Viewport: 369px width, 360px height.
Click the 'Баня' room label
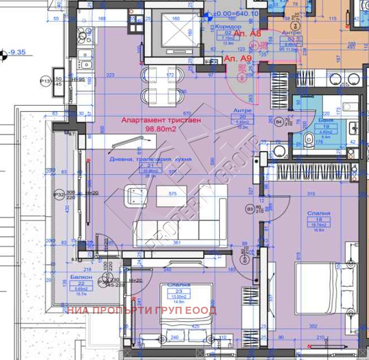[326, 120]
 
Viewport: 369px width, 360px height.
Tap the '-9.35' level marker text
[16, 52]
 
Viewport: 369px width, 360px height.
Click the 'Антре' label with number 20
[241, 110]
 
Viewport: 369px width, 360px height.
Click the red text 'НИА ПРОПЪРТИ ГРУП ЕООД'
[142, 310]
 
